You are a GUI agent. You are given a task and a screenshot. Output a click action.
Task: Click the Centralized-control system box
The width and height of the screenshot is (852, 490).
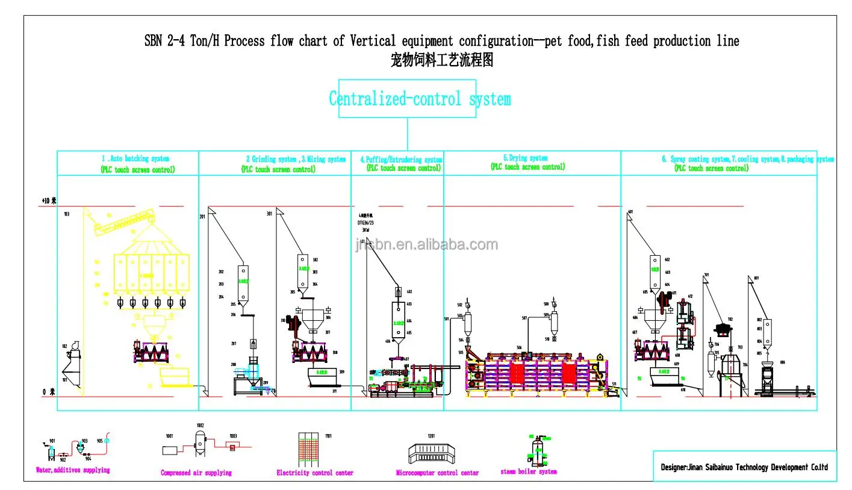pos(407,99)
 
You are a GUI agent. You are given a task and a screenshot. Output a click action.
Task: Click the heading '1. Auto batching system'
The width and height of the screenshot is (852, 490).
pos(135,159)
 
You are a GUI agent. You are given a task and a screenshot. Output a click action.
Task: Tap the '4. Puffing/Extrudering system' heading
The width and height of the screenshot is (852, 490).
pos(401,160)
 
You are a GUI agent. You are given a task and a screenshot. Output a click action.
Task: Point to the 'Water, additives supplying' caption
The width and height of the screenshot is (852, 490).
pos(73,470)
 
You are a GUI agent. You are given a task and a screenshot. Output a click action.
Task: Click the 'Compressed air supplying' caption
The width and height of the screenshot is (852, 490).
pos(196,473)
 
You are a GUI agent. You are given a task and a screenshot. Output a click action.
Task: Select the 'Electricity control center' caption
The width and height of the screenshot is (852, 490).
pos(315,473)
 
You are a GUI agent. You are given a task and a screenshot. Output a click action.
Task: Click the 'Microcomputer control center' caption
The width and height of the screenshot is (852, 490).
pos(438,473)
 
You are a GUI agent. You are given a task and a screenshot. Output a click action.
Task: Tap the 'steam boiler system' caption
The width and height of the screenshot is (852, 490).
pos(529,472)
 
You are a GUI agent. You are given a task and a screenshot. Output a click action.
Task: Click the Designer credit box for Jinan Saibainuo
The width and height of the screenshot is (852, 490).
pos(745,467)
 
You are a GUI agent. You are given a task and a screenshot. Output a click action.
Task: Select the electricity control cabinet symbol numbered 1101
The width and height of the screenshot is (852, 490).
pos(312,449)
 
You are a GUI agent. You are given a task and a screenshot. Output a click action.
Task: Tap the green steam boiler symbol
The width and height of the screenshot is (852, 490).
pos(537,449)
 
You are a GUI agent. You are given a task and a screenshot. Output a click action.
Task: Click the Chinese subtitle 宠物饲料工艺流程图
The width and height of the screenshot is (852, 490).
pos(441,60)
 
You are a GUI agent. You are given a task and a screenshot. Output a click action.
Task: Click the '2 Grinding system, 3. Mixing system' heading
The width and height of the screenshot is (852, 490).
pos(296,160)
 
